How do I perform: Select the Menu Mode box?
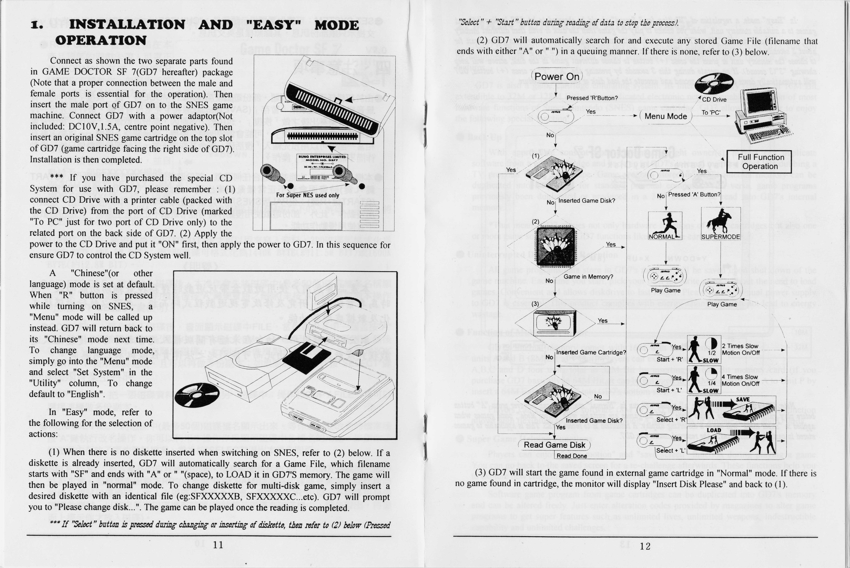click(x=666, y=116)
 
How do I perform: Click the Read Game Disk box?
click(x=554, y=445)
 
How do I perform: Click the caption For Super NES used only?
click(x=307, y=195)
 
